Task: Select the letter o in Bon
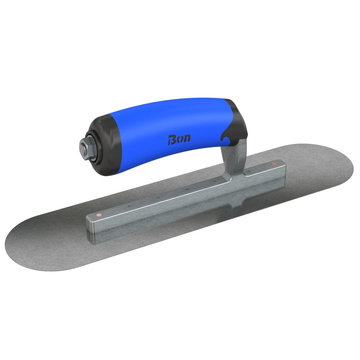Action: pyautogui.click(x=179, y=139)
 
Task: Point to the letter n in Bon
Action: pyautogui.click(x=186, y=138)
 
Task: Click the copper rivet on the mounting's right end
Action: pyautogui.click(x=274, y=164)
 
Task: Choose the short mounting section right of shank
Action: pyautogui.click(x=264, y=170)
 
